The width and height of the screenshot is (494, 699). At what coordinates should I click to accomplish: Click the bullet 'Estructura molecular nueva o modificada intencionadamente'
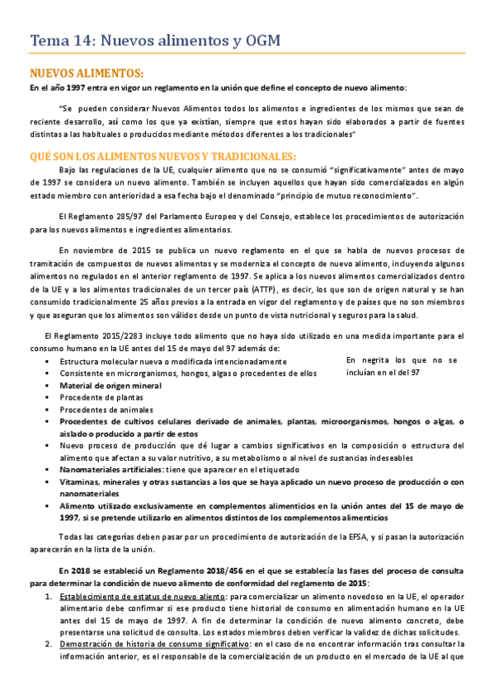(173, 361)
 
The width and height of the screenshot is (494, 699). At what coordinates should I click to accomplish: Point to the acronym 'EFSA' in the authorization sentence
(346, 538)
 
